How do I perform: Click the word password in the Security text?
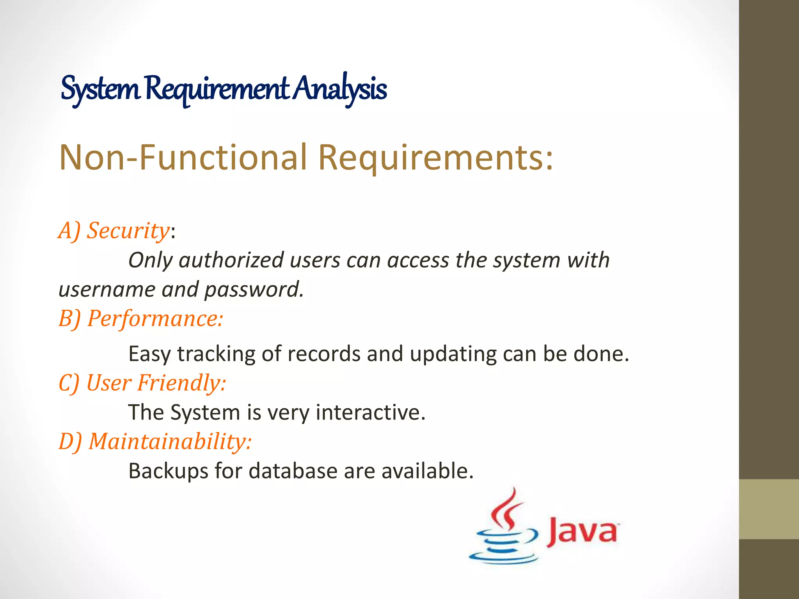click(x=254, y=289)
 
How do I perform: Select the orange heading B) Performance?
click(x=141, y=319)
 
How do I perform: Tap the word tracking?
click(x=216, y=354)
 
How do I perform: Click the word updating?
click(x=453, y=354)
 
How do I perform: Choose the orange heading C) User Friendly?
click(x=142, y=383)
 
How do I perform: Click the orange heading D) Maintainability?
click(x=155, y=441)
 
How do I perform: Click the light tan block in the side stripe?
click(x=769, y=509)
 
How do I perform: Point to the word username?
click(x=107, y=289)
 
